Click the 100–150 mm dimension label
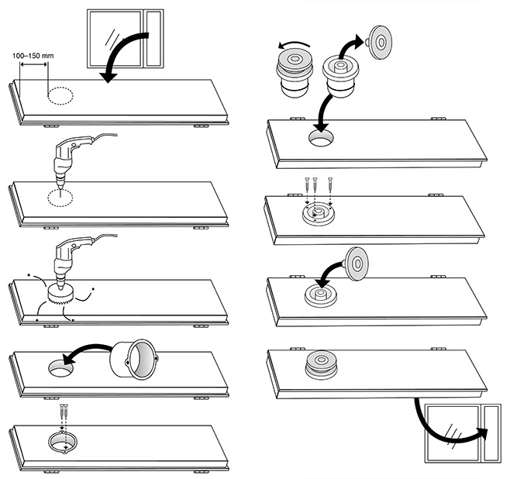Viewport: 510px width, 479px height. pos(36,56)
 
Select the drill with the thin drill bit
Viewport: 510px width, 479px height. pos(71,155)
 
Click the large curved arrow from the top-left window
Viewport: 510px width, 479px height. pos(125,50)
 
